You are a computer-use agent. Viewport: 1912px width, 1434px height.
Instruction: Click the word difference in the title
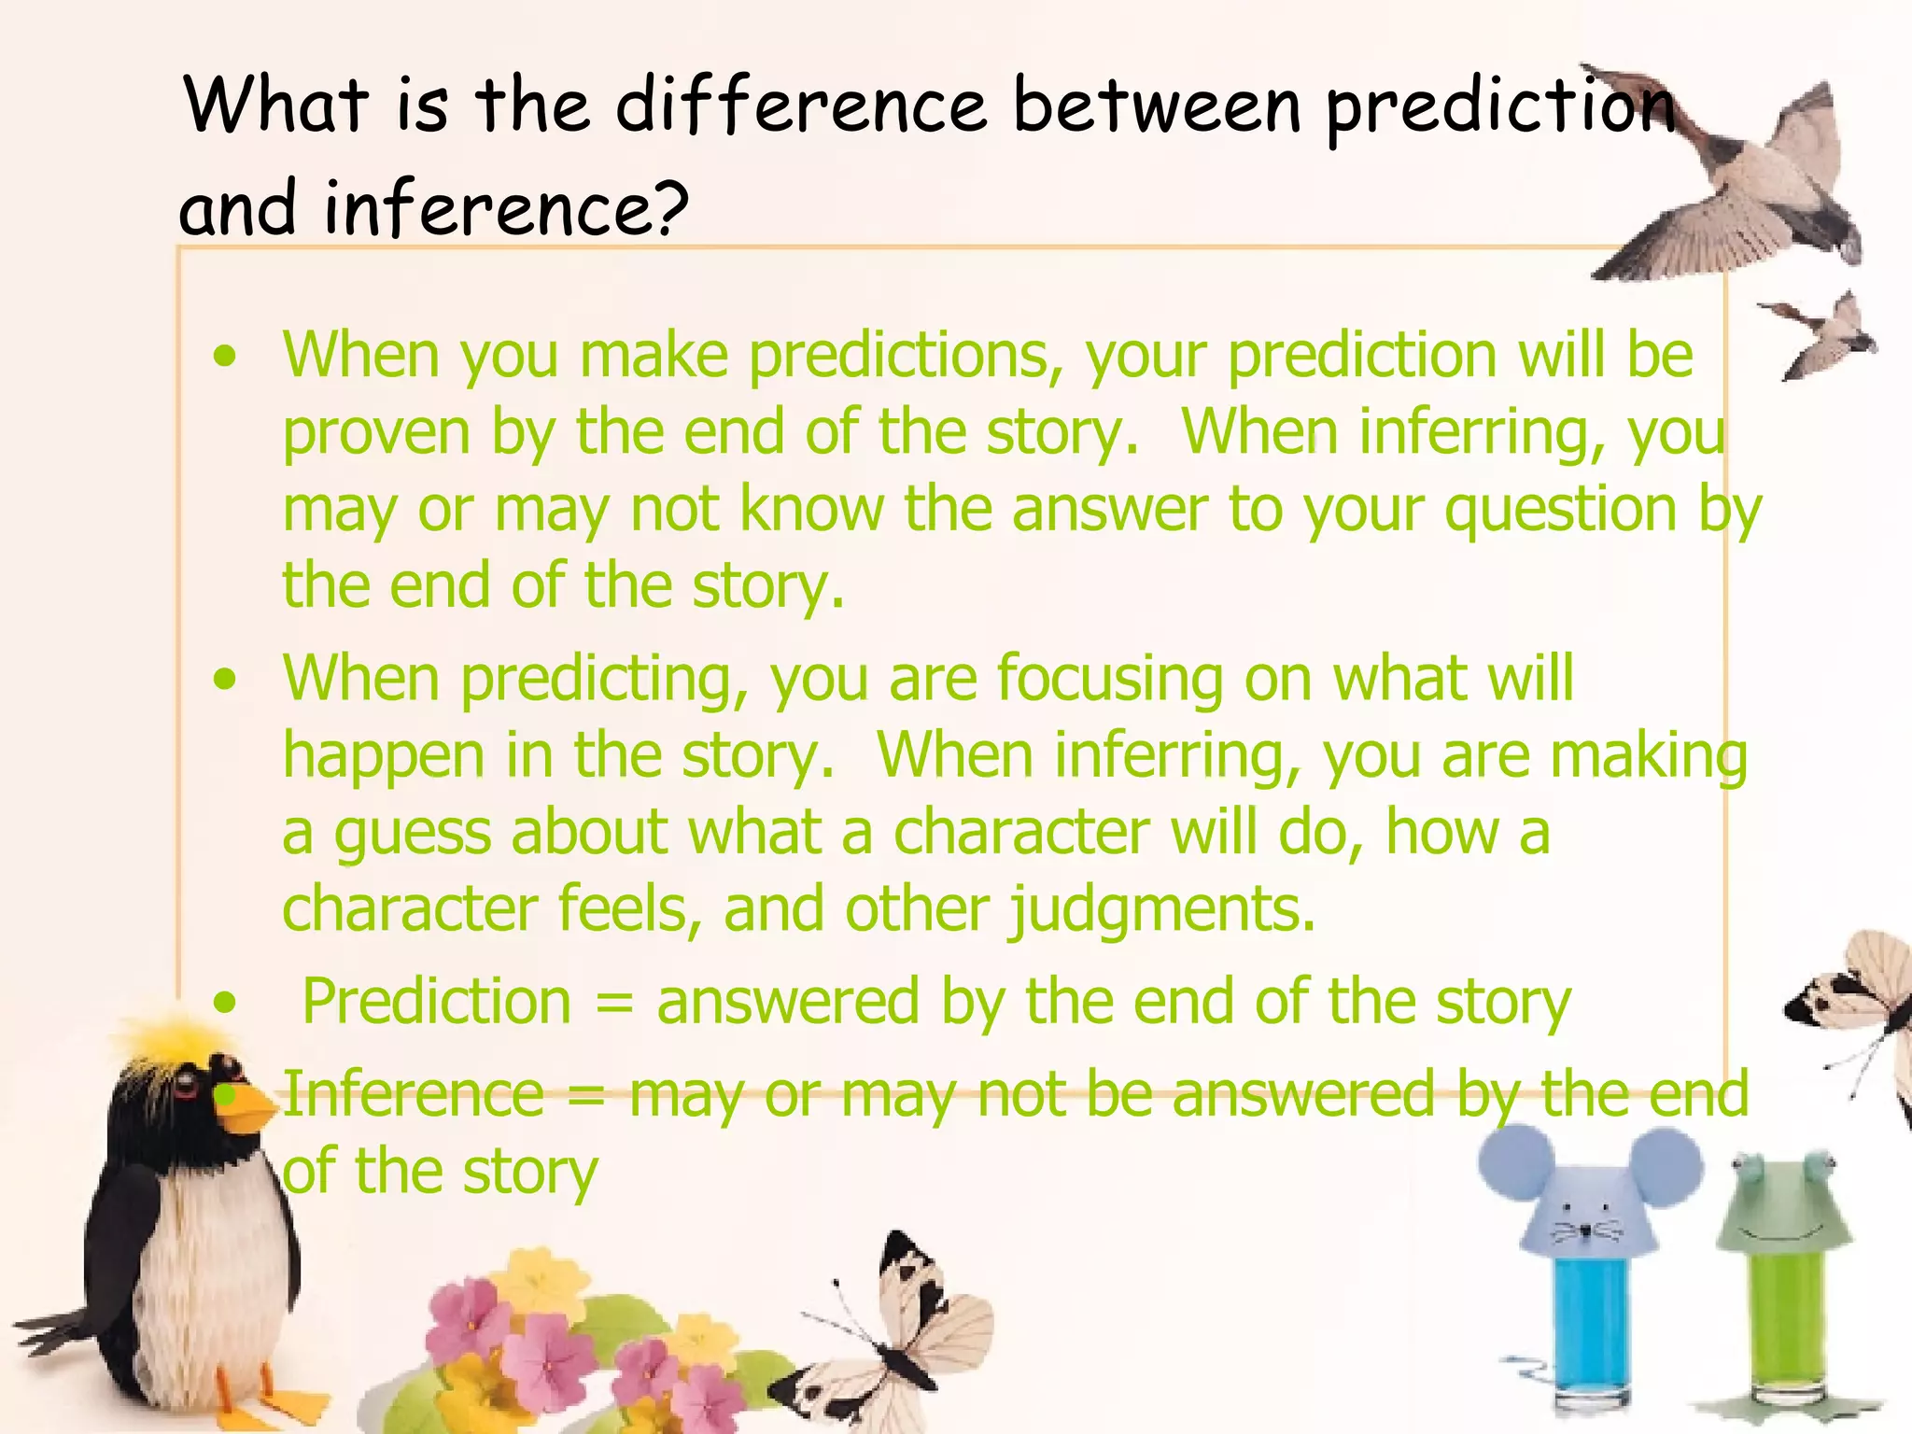(800, 105)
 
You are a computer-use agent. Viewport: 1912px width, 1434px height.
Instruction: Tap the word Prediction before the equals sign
(436, 1003)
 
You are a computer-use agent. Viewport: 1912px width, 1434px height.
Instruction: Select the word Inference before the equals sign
(413, 1094)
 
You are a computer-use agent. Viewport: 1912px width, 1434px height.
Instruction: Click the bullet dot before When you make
(225, 357)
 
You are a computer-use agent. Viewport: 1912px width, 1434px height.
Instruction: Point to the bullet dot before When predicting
(225, 679)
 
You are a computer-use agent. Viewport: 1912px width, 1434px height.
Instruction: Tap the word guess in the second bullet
(412, 834)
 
